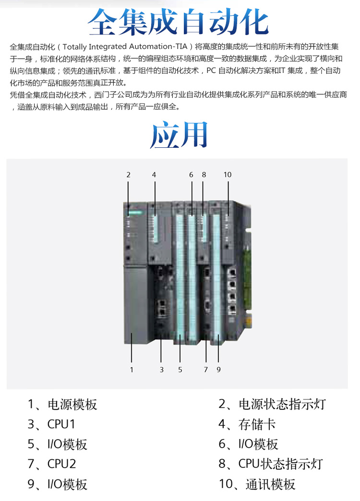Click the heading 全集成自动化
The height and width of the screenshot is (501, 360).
click(x=179, y=22)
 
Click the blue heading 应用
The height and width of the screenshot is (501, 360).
click(x=179, y=134)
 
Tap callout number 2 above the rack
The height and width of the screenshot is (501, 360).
click(x=128, y=175)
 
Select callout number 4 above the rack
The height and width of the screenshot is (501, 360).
click(x=154, y=175)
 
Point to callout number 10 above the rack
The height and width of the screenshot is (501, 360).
click(x=228, y=175)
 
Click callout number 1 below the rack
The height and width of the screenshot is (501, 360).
click(x=132, y=370)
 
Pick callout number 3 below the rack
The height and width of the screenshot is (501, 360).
click(x=161, y=370)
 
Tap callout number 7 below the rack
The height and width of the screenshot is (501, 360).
click(x=205, y=370)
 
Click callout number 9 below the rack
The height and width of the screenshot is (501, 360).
click(x=218, y=370)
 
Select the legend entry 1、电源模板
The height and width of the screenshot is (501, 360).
click(x=62, y=405)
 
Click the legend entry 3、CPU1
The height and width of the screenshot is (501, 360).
click(x=51, y=424)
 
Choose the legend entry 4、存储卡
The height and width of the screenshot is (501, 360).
click(x=247, y=424)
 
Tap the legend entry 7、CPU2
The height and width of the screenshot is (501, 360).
click(x=52, y=464)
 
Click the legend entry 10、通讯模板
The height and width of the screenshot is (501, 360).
click(x=257, y=484)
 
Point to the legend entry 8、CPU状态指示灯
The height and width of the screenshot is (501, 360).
click(x=271, y=464)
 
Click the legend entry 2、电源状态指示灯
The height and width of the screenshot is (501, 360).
click(x=272, y=405)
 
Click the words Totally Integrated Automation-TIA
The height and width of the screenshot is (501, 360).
click(x=125, y=47)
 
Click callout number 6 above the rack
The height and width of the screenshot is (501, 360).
click(x=191, y=175)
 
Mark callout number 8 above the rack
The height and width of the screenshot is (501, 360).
click(x=204, y=175)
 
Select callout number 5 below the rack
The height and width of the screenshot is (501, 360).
click(x=180, y=370)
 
